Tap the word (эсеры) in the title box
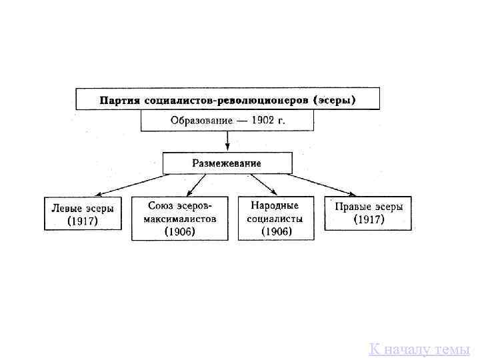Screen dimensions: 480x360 click(x=335, y=101)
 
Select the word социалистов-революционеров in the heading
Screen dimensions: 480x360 click(x=225, y=101)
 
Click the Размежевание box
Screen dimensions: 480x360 click(x=227, y=163)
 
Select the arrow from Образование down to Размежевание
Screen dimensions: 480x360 click(x=228, y=141)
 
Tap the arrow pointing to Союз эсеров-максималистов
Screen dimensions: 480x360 click(x=195, y=184)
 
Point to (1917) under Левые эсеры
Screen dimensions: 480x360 click(x=83, y=221)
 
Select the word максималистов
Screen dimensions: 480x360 click(x=180, y=219)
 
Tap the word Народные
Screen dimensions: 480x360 click(x=275, y=205)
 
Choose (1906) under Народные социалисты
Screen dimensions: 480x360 click(x=276, y=231)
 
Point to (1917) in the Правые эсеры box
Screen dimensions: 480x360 click(x=369, y=219)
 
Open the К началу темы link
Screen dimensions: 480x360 click(x=419, y=349)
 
